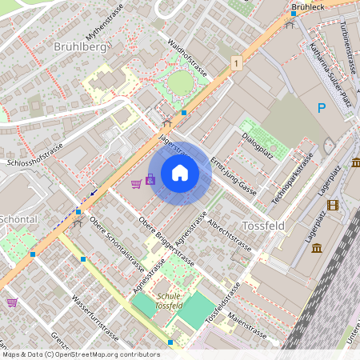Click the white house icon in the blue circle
click(x=180, y=172)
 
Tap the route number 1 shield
click(x=236, y=62)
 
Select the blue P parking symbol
click(x=322, y=108)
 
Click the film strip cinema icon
click(x=333, y=205)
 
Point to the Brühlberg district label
click(x=80, y=47)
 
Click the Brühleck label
click(x=308, y=7)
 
